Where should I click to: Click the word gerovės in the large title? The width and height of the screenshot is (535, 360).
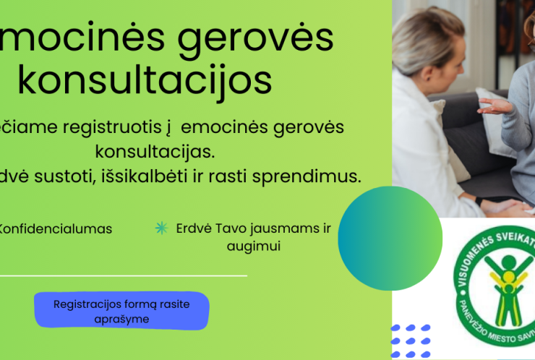click(x=249, y=38)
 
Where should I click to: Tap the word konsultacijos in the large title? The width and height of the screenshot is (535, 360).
click(x=144, y=80)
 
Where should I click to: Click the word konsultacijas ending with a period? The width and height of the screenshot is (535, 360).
click(x=155, y=153)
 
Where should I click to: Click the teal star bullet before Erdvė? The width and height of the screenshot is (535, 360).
click(x=161, y=228)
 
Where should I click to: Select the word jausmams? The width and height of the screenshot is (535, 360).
click(x=281, y=228)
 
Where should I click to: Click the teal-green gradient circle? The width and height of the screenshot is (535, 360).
click(x=390, y=238)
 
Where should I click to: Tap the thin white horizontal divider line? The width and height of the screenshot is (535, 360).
click(x=123, y=275)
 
